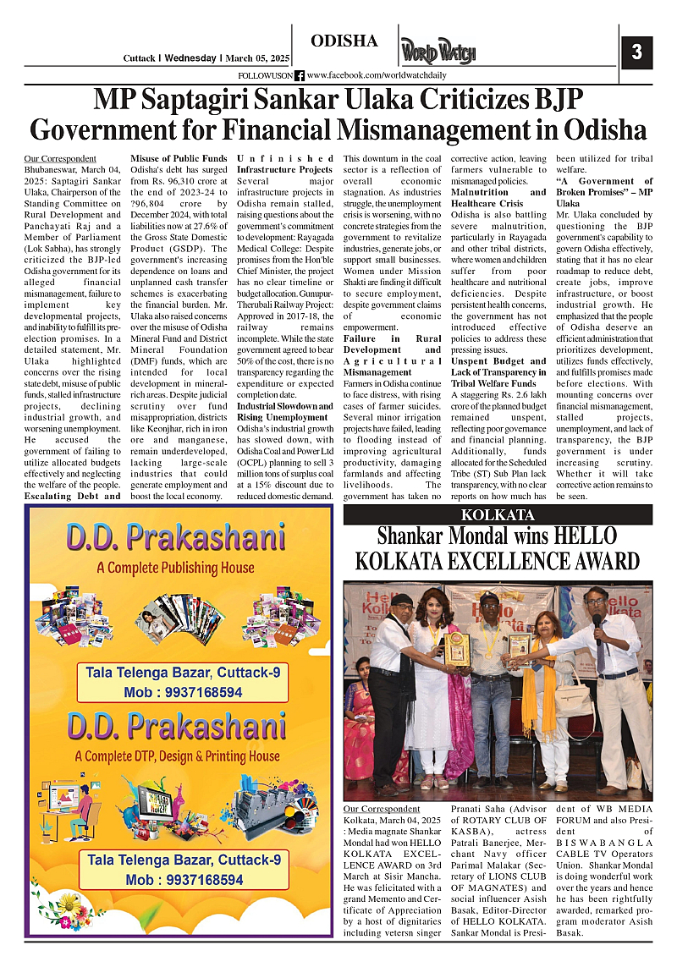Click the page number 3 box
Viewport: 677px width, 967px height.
coord(636,52)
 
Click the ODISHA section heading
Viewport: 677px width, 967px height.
coord(344,41)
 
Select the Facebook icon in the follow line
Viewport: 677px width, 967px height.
coord(300,76)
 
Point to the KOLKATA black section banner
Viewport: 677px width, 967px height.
coord(498,515)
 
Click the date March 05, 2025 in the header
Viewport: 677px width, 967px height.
coord(258,58)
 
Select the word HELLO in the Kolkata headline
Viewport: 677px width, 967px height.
coord(586,536)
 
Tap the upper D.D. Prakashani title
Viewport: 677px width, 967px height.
coord(176,538)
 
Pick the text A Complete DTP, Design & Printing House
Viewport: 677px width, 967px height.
coord(176,755)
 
